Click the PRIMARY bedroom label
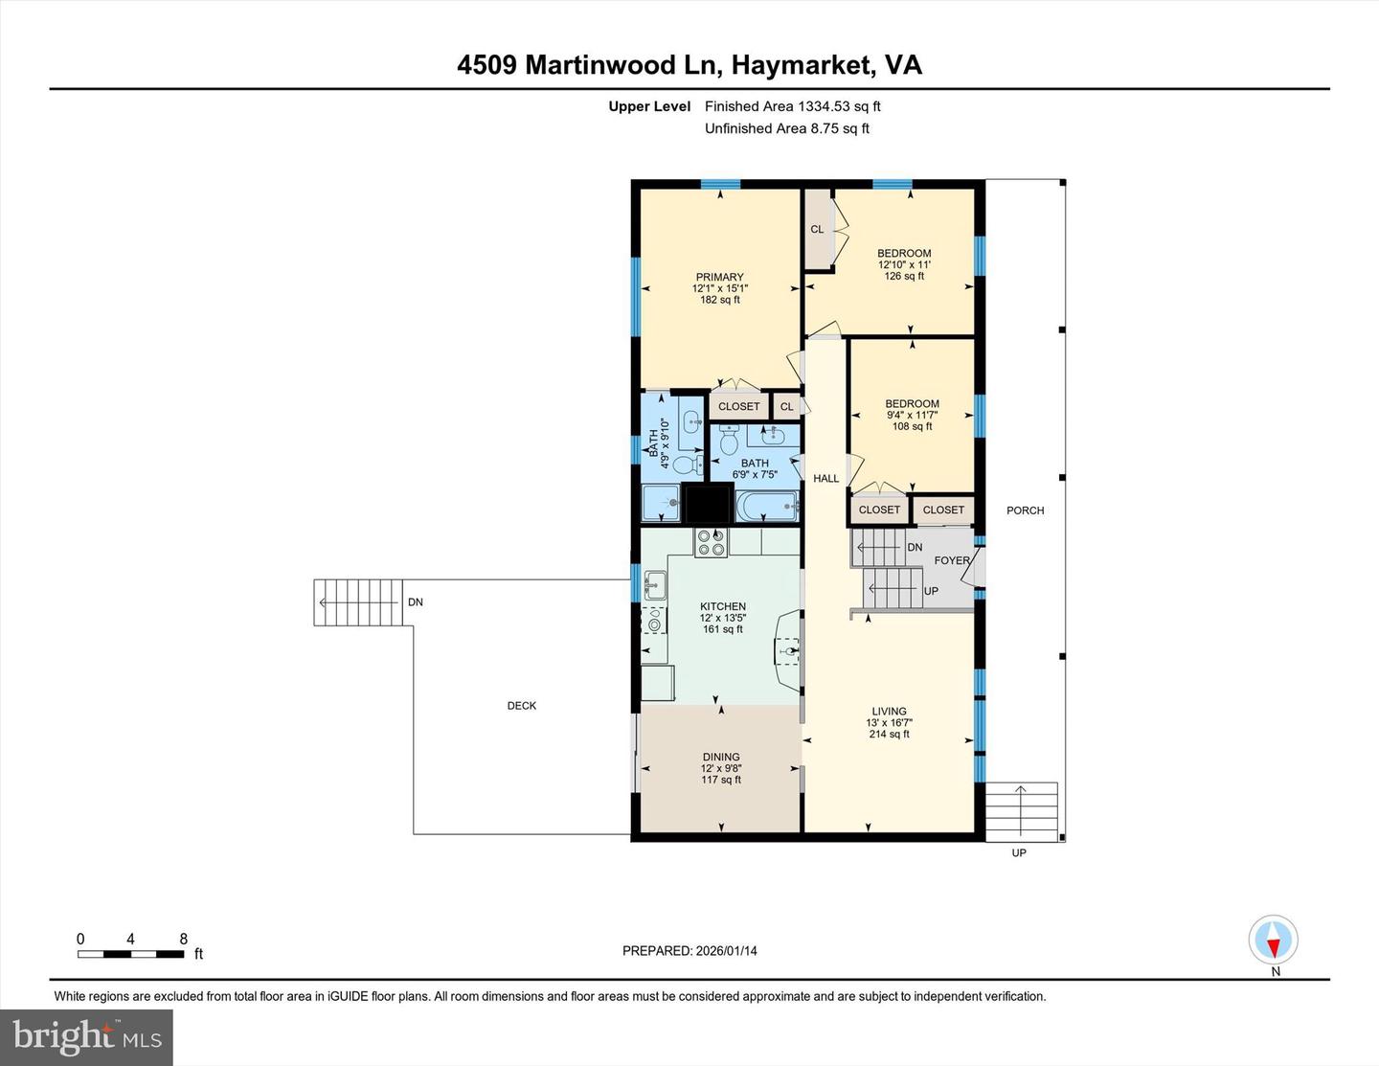pos(719,277)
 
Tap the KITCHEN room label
pos(722,606)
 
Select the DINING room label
pos(720,757)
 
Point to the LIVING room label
pos(889,712)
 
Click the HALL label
pos(825,478)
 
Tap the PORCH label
pos(1025,510)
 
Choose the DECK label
pos(522,706)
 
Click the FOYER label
pos(952,560)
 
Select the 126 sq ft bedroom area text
pos(904,276)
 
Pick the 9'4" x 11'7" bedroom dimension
pos(912,415)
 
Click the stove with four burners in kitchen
pos(712,542)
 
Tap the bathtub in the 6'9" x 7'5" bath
pos(767,505)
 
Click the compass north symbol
pos(1274,941)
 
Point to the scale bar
pos(130,954)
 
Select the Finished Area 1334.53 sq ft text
pos(792,106)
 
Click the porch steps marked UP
pos(1023,810)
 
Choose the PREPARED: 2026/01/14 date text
pos(689,951)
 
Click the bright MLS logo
pos(87,1036)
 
